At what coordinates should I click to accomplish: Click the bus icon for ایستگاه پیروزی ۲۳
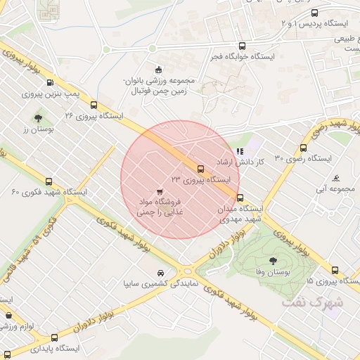(x=201, y=169)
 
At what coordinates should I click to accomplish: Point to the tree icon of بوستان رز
(x=38, y=118)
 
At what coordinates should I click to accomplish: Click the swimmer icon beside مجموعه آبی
(x=336, y=178)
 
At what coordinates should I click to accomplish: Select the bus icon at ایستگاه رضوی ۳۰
(x=303, y=148)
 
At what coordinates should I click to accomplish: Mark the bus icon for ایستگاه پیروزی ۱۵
(x=335, y=270)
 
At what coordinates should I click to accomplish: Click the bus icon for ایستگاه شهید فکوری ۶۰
(x=49, y=181)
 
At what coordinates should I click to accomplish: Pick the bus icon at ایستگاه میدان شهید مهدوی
(x=240, y=198)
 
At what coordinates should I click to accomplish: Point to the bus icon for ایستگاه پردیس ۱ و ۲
(x=314, y=13)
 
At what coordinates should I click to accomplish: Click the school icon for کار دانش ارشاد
(x=240, y=150)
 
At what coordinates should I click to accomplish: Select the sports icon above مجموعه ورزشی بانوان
(x=159, y=69)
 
